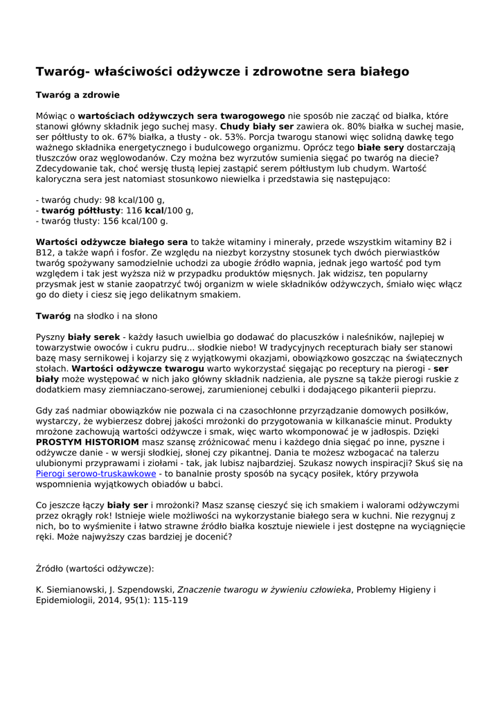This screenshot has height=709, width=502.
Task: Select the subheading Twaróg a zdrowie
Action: click(78, 95)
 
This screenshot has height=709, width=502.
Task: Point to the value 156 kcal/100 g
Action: click(138, 222)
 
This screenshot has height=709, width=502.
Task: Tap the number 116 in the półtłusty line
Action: click(134, 210)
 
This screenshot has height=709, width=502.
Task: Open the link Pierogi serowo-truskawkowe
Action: click(96, 474)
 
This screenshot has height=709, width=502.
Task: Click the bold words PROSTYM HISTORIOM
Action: click(87, 441)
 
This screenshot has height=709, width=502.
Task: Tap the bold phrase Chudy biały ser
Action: click(257, 127)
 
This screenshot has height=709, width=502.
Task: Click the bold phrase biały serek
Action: click(93, 336)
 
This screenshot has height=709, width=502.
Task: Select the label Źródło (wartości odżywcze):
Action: click(95, 568)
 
